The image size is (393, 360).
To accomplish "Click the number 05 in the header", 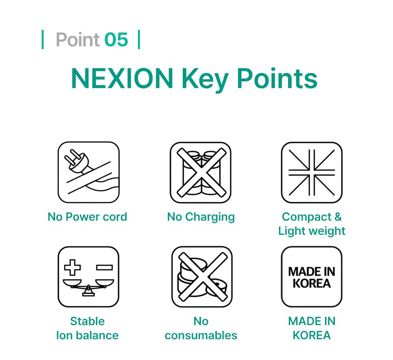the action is click(116, 40).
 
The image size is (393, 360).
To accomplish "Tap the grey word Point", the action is click(78, 40).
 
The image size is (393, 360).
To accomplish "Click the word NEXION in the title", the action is click(122, 79).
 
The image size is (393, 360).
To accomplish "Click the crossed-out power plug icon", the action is click(88, 172).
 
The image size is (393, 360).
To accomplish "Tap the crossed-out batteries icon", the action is click(200, 172).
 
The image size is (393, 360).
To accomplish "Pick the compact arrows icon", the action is click(312, 172).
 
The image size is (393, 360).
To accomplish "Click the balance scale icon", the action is click(88, 277).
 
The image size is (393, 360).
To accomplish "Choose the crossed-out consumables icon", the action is click(202, 277).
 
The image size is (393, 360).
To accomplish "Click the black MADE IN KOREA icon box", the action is click(312, 277).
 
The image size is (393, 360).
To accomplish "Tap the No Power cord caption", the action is click(87, 217).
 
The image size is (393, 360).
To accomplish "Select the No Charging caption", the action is click(201, 217).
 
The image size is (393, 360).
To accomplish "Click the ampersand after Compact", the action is click(338, 217).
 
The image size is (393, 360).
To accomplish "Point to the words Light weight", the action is click(312, 231).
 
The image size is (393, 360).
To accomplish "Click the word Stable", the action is click(87, 321).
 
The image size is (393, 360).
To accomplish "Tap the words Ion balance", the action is click(87, 336).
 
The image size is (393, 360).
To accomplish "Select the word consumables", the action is click(201, 336).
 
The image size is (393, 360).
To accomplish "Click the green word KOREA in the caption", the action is click(312, 336).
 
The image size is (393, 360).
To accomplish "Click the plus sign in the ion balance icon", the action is click(72, 267).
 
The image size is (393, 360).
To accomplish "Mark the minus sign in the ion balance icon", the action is click(105, 267).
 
